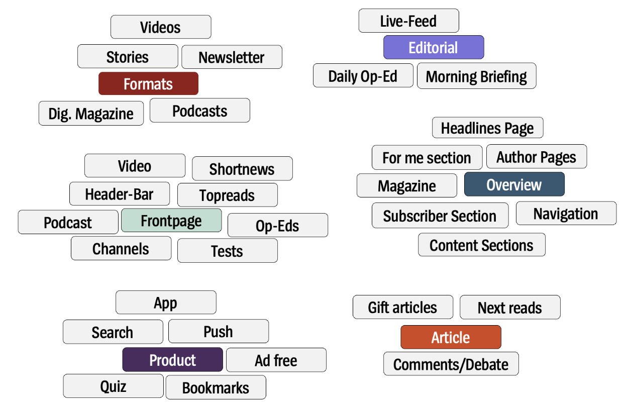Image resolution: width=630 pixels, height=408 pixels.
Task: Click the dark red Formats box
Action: point(148,83)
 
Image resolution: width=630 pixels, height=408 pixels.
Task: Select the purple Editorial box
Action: point(434,47)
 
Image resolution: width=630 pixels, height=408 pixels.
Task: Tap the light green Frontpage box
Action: point(171,221)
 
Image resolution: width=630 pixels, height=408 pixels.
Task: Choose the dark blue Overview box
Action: point(514,184)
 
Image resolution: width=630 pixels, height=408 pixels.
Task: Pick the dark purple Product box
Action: point(172,360)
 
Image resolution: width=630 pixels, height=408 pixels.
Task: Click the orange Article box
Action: point(451,337)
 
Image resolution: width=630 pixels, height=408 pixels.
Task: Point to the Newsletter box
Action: point(232,57)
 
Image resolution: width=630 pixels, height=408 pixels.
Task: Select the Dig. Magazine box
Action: point(91,114)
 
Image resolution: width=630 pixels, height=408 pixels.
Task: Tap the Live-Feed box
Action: point(408,21)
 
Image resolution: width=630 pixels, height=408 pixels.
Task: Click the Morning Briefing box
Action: point(476,76)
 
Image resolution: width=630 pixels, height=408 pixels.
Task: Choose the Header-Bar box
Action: point(120,194)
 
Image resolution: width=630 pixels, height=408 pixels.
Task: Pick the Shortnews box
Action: point(242,169)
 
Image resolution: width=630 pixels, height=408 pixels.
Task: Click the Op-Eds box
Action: point(277,226)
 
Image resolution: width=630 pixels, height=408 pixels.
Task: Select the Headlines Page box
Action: point(487,128)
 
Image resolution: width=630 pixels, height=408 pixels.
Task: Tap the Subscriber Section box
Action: point(440,216)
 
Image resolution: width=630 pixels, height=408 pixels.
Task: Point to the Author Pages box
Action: point(536,157)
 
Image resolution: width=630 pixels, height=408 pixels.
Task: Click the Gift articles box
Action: point(402,307)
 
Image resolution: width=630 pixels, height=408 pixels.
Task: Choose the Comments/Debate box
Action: point(451,364)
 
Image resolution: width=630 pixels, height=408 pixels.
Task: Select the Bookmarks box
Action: point(216,387)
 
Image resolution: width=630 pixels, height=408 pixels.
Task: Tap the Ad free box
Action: point(276,360)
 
